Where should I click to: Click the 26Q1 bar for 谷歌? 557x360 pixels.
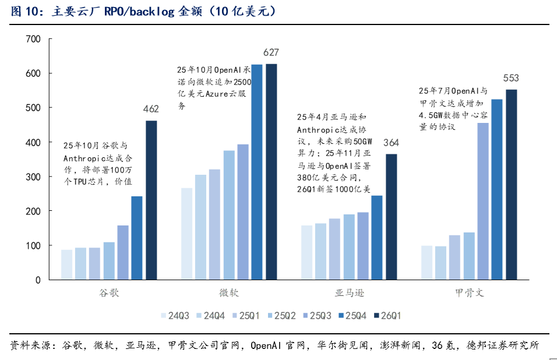click(x=151, y=200)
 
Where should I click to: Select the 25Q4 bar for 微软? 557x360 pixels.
click(x=257, y=172)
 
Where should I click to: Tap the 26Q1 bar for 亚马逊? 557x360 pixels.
click(x=392, y=217)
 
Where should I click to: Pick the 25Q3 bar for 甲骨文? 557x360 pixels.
click(x=483, y=202)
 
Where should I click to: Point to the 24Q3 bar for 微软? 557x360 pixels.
click(x=187, y=234)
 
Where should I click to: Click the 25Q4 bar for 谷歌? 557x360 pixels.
click(x=137, y=238)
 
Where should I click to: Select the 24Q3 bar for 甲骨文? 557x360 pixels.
click(x=427, y=263)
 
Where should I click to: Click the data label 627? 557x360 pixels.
click(x=271, y=52)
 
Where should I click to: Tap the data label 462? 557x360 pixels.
click(x=151, y=109)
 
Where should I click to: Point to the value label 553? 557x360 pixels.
click(x=511, y=78)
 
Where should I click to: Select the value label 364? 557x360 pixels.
click(x=391, y=143)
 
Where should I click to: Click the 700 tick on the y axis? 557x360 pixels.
click(x=33, y=39)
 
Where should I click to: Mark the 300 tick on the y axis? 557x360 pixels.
click(x=33, y=177)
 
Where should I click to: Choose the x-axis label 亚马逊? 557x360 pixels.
click(x=350, y=293)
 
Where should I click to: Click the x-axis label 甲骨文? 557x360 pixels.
click(x=469, y=293)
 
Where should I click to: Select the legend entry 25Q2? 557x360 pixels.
click(x=281, y=316)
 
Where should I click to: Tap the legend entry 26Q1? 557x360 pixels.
click(x=387, y=316)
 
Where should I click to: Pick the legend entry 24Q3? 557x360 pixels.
click(x=175, y=316)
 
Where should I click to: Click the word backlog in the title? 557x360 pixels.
click(x=152, y=12)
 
